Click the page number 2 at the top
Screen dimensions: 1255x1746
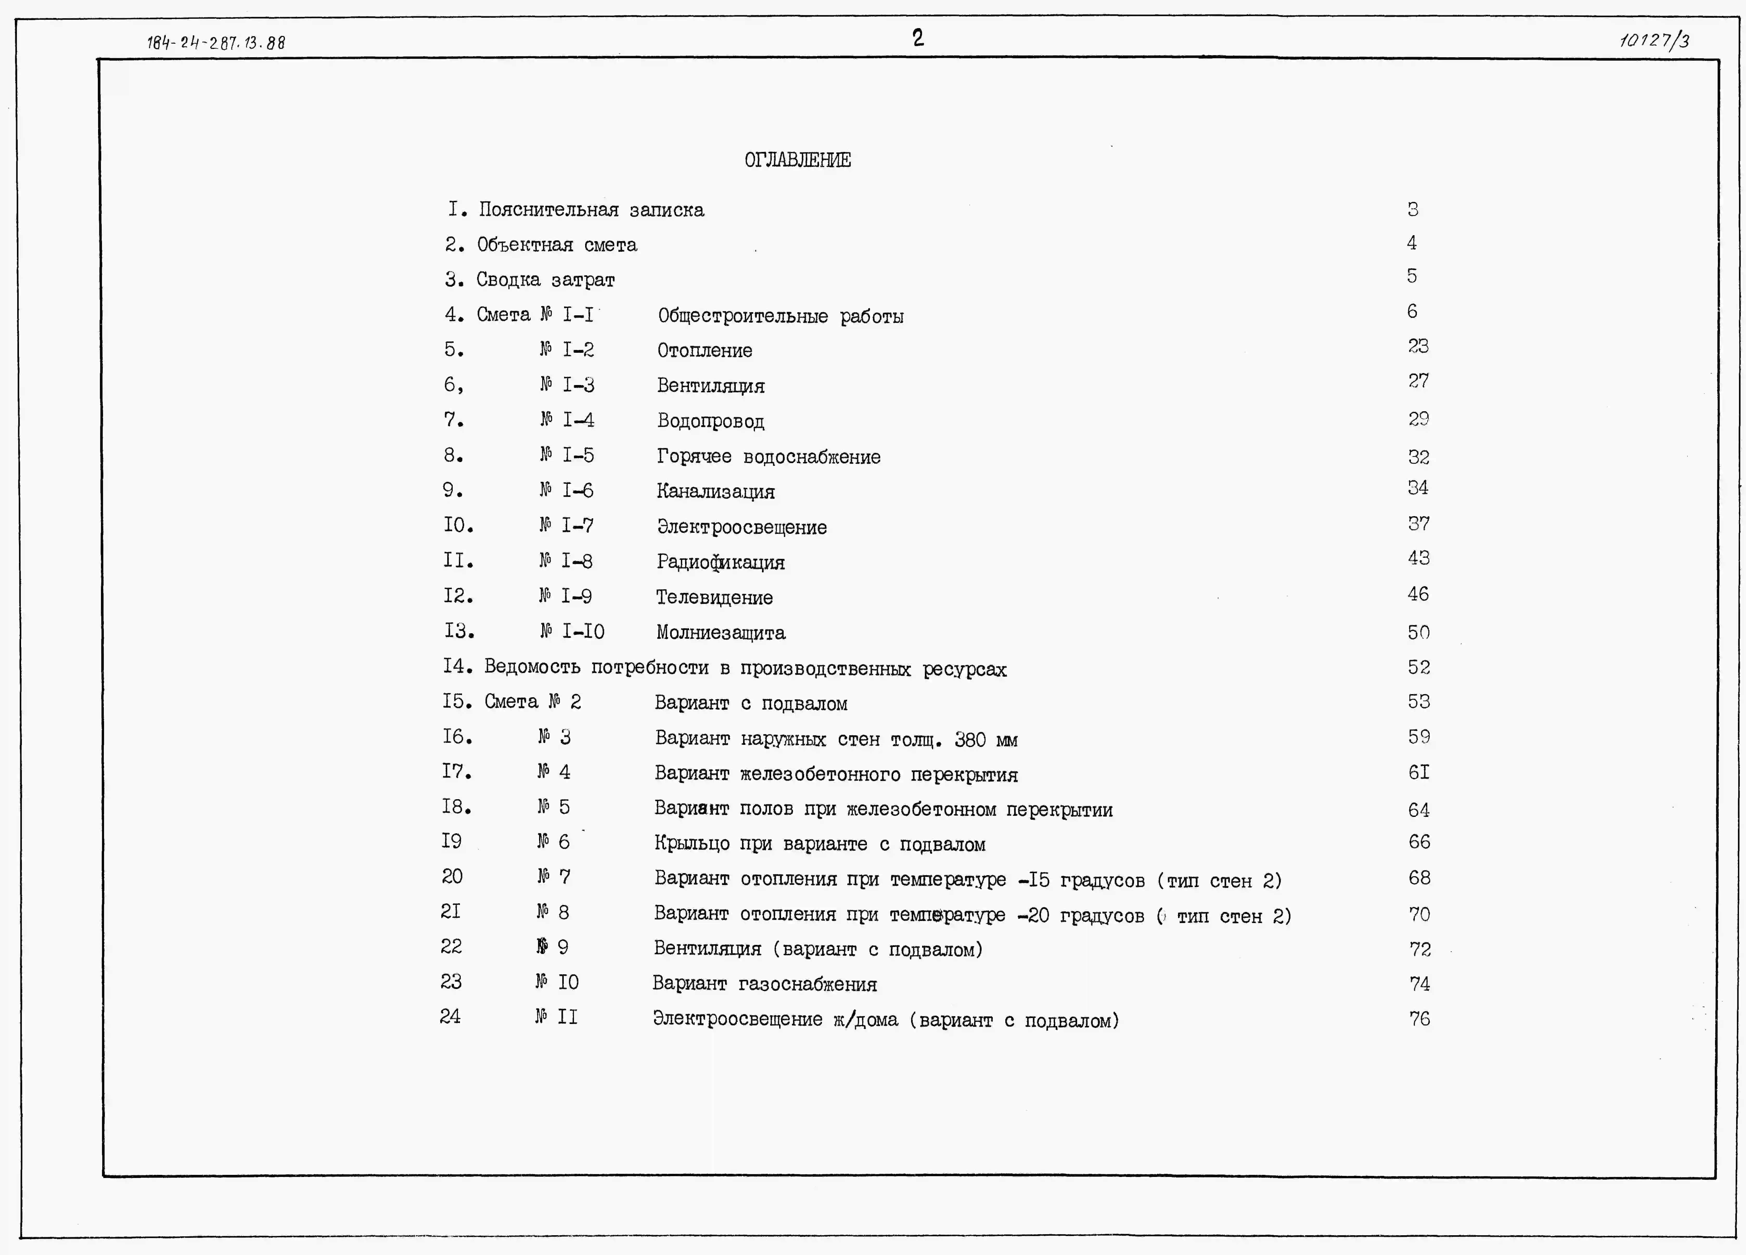point(918,38)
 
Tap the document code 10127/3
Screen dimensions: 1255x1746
point(1654,40)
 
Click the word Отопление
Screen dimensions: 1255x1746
point(704,351)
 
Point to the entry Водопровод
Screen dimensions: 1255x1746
point(710,421)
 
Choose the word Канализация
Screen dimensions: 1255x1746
point(715,491)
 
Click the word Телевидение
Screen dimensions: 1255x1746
point(714,598)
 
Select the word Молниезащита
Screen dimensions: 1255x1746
point(721,633)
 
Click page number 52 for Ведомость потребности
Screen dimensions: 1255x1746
point(1418,668)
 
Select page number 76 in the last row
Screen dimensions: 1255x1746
point(1419,1019)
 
